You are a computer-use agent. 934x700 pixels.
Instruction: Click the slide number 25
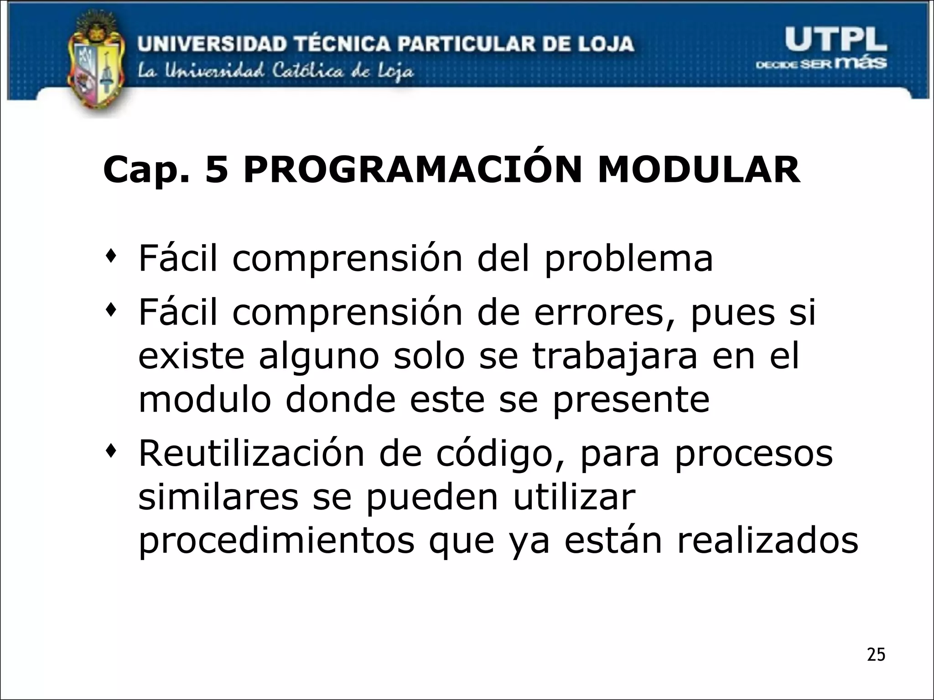tap(876, 655)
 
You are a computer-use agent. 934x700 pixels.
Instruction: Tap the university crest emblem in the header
tap(96, 64)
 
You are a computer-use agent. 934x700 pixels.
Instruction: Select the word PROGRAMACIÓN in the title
tap(412, 170)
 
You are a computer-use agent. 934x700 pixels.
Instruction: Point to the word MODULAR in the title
tap(698, 170)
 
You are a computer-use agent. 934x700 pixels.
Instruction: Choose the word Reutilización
tap(251, 453)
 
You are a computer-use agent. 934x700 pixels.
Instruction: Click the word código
tap(494, 454)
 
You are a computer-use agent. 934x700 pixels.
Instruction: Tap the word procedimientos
tap(276, 542)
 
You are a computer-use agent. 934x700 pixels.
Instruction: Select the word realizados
tap(767, 541)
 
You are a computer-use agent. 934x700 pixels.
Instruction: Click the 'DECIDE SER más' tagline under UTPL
tap(821, 64)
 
